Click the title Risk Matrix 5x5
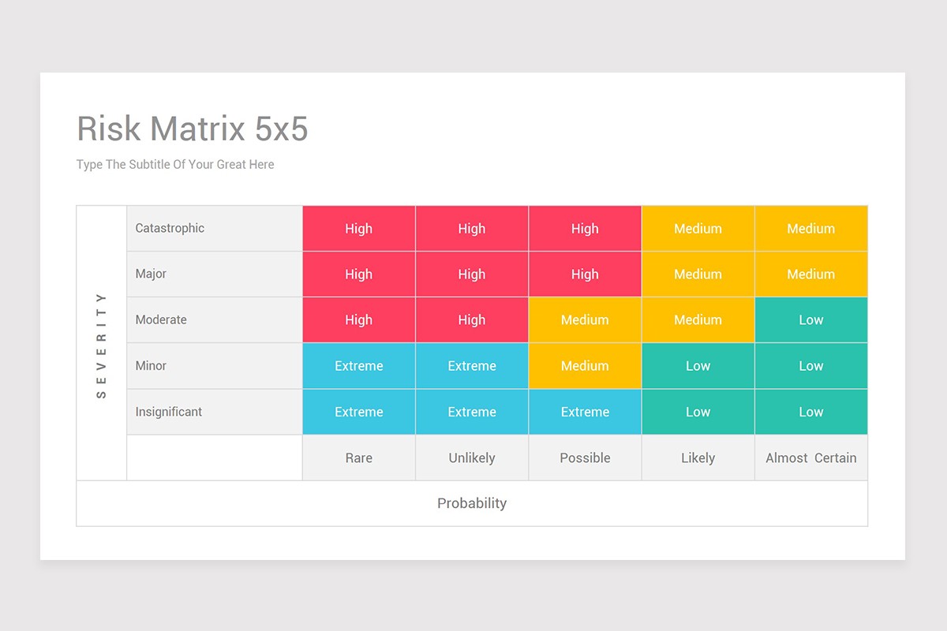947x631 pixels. click(x=192, y=129)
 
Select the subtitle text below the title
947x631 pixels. click(x=175, y=165)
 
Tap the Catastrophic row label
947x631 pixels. click(x=170, y=229)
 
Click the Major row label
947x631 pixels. click(x=151, y=274)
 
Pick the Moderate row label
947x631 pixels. click(x=161, y=320)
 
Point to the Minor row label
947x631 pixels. click(x=151, y=366)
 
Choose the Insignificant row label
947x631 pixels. click(x=168, y=412)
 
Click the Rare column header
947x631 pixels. click(x=358, y=457)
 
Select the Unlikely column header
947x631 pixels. click(x=471, y=457)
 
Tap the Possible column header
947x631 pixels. click(x=585, y=457)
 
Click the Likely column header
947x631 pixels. click(x=698, y=457)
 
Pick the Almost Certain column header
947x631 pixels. click(x=810, y=457)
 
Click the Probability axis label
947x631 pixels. click(x=472, y=503)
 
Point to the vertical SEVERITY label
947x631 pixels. click(x=101, y=345)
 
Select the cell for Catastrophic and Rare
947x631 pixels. click(x=358, y=229)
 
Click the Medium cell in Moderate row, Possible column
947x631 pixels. click(x=585, y=320)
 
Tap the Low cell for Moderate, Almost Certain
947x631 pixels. click(x=810, y=320)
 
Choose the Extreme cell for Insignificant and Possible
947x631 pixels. click(x=585, y=412)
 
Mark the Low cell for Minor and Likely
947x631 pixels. click(x=698, y=366)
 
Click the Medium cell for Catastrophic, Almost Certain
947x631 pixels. click(x=810, y=229)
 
